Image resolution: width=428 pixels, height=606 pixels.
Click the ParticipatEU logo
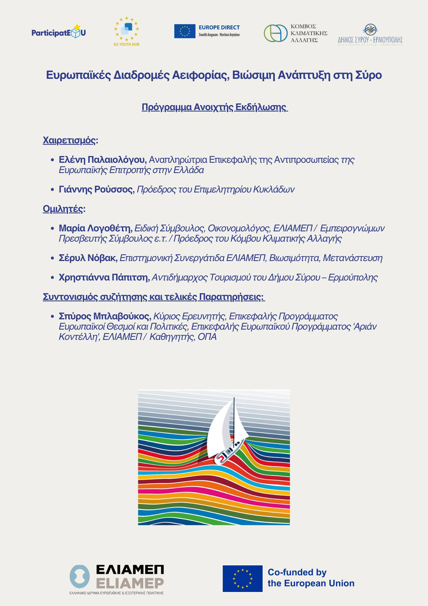tap(59, 32)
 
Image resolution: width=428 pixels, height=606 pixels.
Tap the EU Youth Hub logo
tap(127, 31)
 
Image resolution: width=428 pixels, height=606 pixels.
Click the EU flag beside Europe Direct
tap(185, 31)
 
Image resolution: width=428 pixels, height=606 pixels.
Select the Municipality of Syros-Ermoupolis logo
tap(370, 35)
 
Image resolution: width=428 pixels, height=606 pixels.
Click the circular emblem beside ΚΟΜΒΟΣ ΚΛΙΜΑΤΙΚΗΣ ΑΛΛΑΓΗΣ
tap(275, 33)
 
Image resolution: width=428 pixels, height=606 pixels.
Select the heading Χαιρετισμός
tap(70, 140)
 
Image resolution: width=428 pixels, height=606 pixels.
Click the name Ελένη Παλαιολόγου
tap(103, 160)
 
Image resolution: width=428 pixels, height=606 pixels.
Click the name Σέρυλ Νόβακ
tap(88, 258)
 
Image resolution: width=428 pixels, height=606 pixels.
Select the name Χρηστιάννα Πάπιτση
tap(104, 278)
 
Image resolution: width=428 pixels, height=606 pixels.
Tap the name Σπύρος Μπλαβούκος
tap(105, 316)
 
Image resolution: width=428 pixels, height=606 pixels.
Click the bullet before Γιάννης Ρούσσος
tap(52, 190)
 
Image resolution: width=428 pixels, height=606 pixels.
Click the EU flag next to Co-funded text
tap(242, 578)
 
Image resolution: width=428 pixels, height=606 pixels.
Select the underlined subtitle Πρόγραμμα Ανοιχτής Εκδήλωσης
tap(215, 107)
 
